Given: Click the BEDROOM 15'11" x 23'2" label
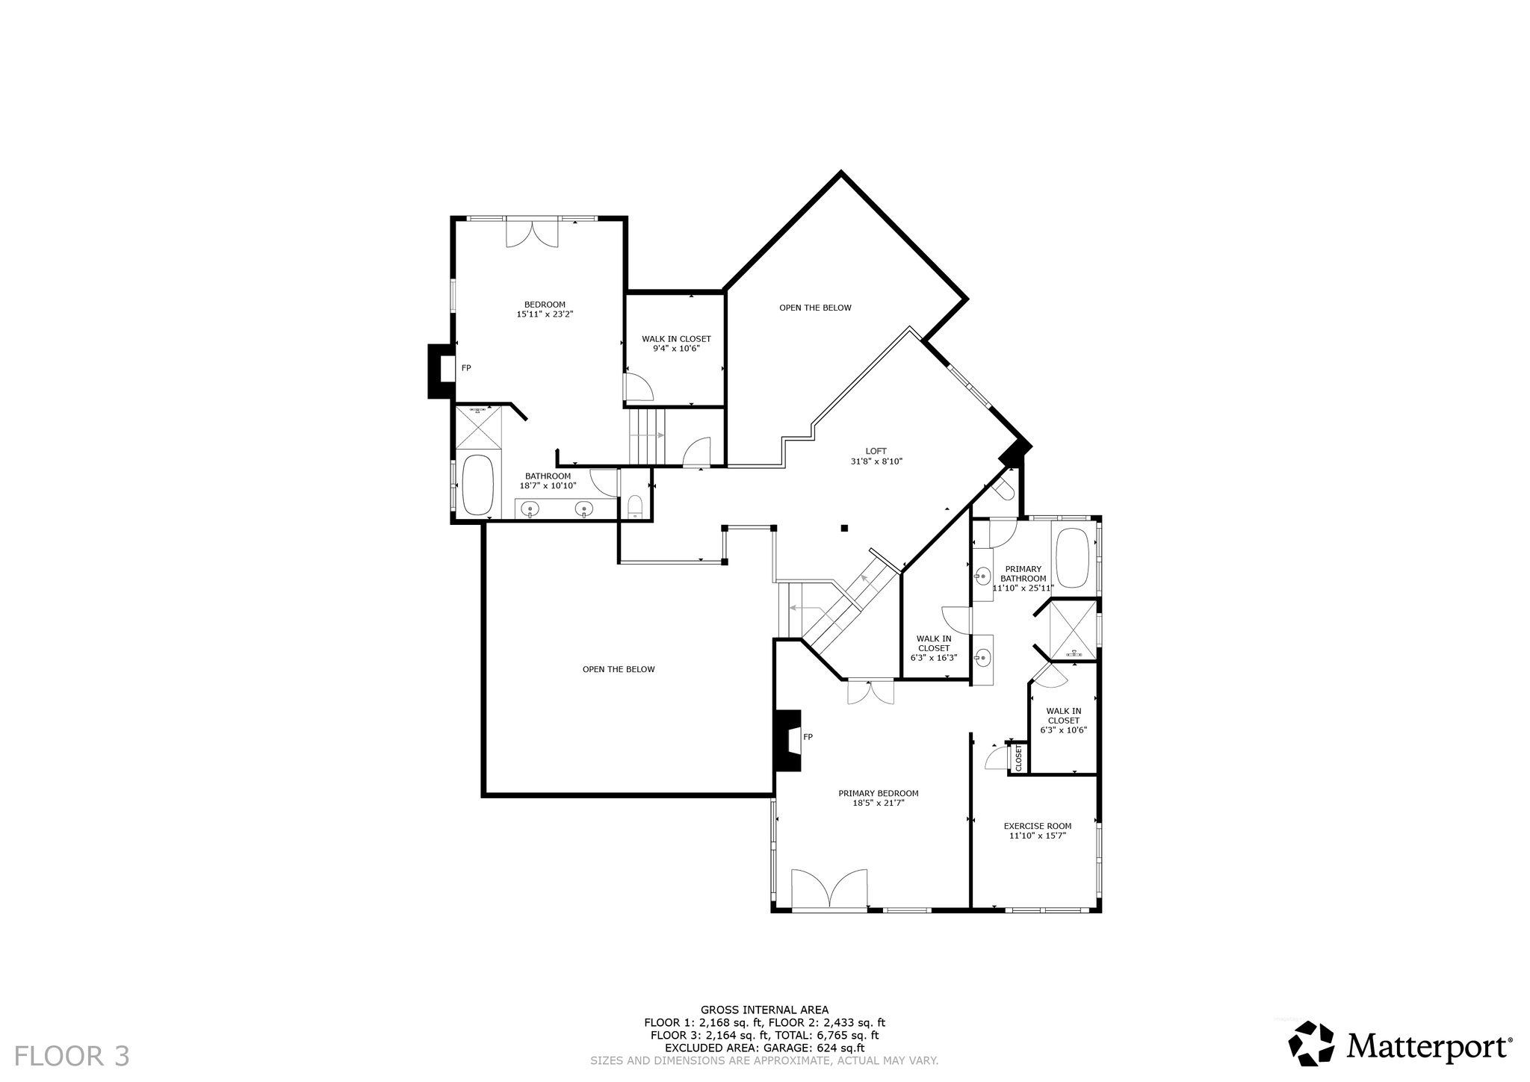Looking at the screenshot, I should [x=545, y=309].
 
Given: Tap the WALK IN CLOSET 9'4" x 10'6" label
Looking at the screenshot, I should [x=676, y=343].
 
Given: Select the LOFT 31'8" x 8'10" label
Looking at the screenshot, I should [x=876, y=456].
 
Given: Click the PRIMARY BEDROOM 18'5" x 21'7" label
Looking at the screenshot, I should [x=878, y=798].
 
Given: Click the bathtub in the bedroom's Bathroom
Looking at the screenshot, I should [x=478, y=485].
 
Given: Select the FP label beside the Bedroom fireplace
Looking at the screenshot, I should [x=466, y=368].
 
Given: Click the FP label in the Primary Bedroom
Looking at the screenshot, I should [x=808, y=737].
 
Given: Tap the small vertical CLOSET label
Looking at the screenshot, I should [x=1018, y=758].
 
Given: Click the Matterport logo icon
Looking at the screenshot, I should [x=1311, y=1042].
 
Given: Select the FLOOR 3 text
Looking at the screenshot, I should [x=72, y=1056].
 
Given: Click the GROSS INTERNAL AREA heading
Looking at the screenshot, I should [x=764, y=1010].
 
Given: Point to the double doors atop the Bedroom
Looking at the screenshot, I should [x=532, y=232].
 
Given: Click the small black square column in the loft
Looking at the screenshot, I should [x=844, y=528].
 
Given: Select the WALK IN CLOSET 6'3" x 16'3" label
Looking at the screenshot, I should [x=934, y=648].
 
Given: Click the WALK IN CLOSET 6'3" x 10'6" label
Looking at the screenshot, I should [x=1063, y=721].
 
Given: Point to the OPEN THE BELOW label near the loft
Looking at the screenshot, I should [x=815, y=308].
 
